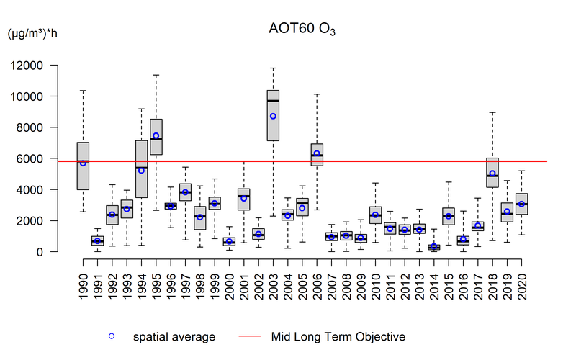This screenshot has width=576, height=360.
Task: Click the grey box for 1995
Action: (156, 137)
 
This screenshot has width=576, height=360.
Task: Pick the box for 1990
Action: (83, 166)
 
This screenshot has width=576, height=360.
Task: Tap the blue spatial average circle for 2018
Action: (492, 174)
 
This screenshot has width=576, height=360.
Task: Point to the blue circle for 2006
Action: (317, 153)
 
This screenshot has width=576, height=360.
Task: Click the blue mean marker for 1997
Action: (185, 192)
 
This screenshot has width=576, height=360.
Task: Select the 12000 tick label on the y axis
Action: (47, 66)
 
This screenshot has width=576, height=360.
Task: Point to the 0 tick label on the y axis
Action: (60, 252)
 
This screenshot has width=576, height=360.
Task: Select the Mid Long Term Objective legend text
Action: (338, 336)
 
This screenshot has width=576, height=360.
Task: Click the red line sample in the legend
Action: (240, 336)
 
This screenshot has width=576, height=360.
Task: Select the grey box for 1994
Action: (141, 168)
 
